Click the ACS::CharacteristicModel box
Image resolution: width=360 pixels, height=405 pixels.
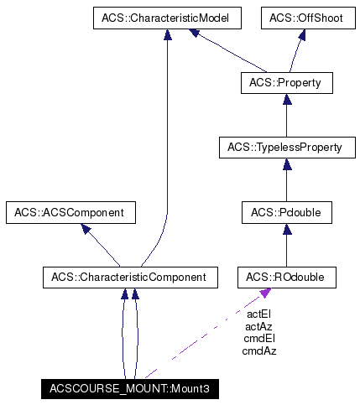167,17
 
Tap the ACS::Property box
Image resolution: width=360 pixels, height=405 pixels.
286,82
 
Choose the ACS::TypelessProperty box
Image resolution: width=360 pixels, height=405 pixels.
286,148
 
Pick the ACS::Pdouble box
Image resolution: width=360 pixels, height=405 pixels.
286,212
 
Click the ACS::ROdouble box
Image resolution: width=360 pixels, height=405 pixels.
286,276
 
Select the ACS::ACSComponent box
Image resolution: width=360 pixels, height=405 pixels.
70,212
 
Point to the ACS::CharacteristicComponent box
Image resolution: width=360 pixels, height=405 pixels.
130,276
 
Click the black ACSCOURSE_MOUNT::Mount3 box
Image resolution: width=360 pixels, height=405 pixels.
130,389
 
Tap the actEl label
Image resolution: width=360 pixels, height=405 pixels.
259,314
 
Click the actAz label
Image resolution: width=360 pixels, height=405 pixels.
259,326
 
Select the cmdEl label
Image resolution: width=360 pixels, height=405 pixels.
259,338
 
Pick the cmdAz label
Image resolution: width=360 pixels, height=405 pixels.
259,350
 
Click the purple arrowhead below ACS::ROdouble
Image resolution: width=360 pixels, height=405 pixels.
265,292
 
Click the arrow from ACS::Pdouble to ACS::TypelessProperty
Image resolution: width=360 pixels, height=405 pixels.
286,180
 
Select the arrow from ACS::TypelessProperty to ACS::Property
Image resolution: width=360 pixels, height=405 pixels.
286,115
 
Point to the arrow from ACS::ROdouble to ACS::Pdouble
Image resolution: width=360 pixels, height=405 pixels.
286,244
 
